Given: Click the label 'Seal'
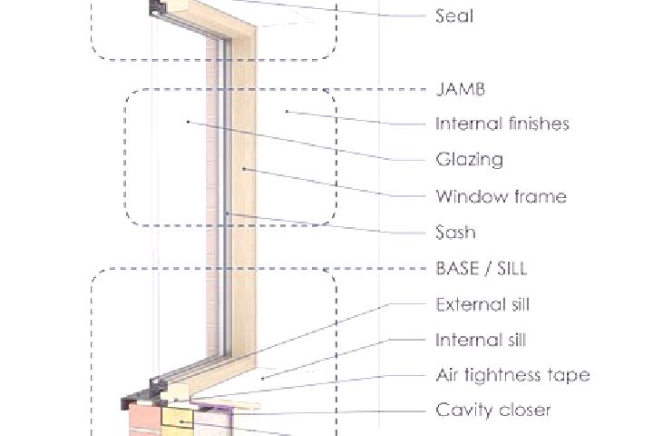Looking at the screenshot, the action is [454, 15].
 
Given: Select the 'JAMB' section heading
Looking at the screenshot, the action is [461, 89].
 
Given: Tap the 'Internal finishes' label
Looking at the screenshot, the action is [502, 124].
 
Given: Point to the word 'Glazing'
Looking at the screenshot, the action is [470, 160].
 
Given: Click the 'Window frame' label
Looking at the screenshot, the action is [501, 196].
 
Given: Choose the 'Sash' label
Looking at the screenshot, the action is [455, 232].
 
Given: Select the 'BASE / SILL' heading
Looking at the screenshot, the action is [482, 268].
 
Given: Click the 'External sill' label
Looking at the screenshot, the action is [482, 304].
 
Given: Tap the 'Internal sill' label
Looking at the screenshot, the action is [481, 340].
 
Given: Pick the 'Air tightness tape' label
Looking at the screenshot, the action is [512, 375].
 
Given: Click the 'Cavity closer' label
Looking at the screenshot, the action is [493, 411].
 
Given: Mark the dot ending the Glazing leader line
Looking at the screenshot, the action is [189, 122].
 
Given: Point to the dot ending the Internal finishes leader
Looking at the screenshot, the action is [287, 112].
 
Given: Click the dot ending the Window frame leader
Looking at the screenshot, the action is [244, 169].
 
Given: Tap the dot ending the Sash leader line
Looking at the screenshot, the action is [227, 213].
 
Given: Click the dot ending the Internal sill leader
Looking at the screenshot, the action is [262, 379].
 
